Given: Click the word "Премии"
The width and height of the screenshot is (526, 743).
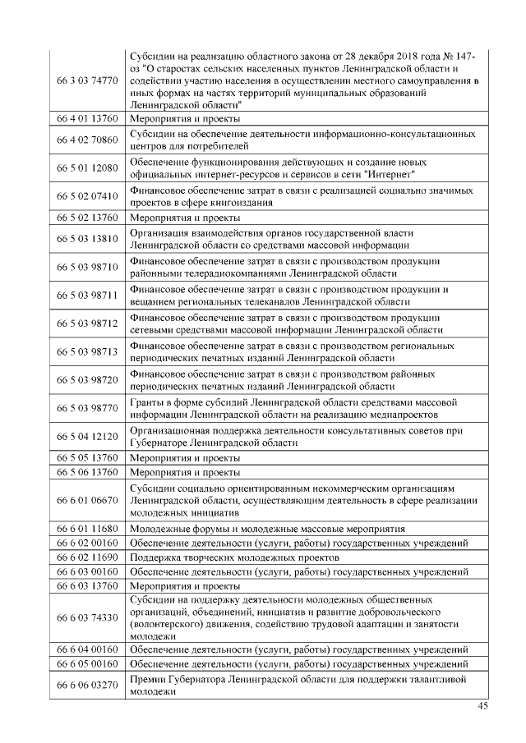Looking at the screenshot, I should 149,677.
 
